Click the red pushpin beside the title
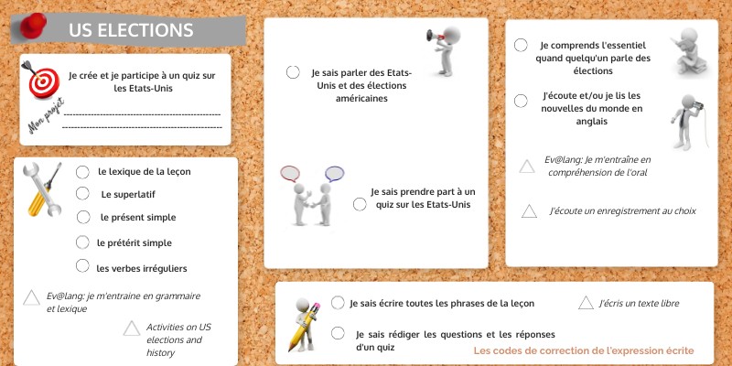(x=33, y=26)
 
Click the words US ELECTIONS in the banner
(x=131, y=30)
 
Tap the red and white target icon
(x=43, y=81)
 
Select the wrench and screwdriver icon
(x=43, y=189)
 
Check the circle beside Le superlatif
(x=82, y=193)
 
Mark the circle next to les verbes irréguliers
(x=82, y=265)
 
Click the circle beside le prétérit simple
(x=82, y=242)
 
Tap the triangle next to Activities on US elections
(x=132, y=328)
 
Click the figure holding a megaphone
(x=444, y=50)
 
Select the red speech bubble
(x=289, y=174)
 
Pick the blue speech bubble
(x=335, y=174)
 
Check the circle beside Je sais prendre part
(x=360, y=204)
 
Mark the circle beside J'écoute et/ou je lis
(x=521, y=101)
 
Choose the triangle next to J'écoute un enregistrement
(x=529, y=211)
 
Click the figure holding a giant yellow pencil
(x=305, y=325)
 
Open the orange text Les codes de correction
(x=584, y=350)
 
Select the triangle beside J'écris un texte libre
(x=586, y=303)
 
